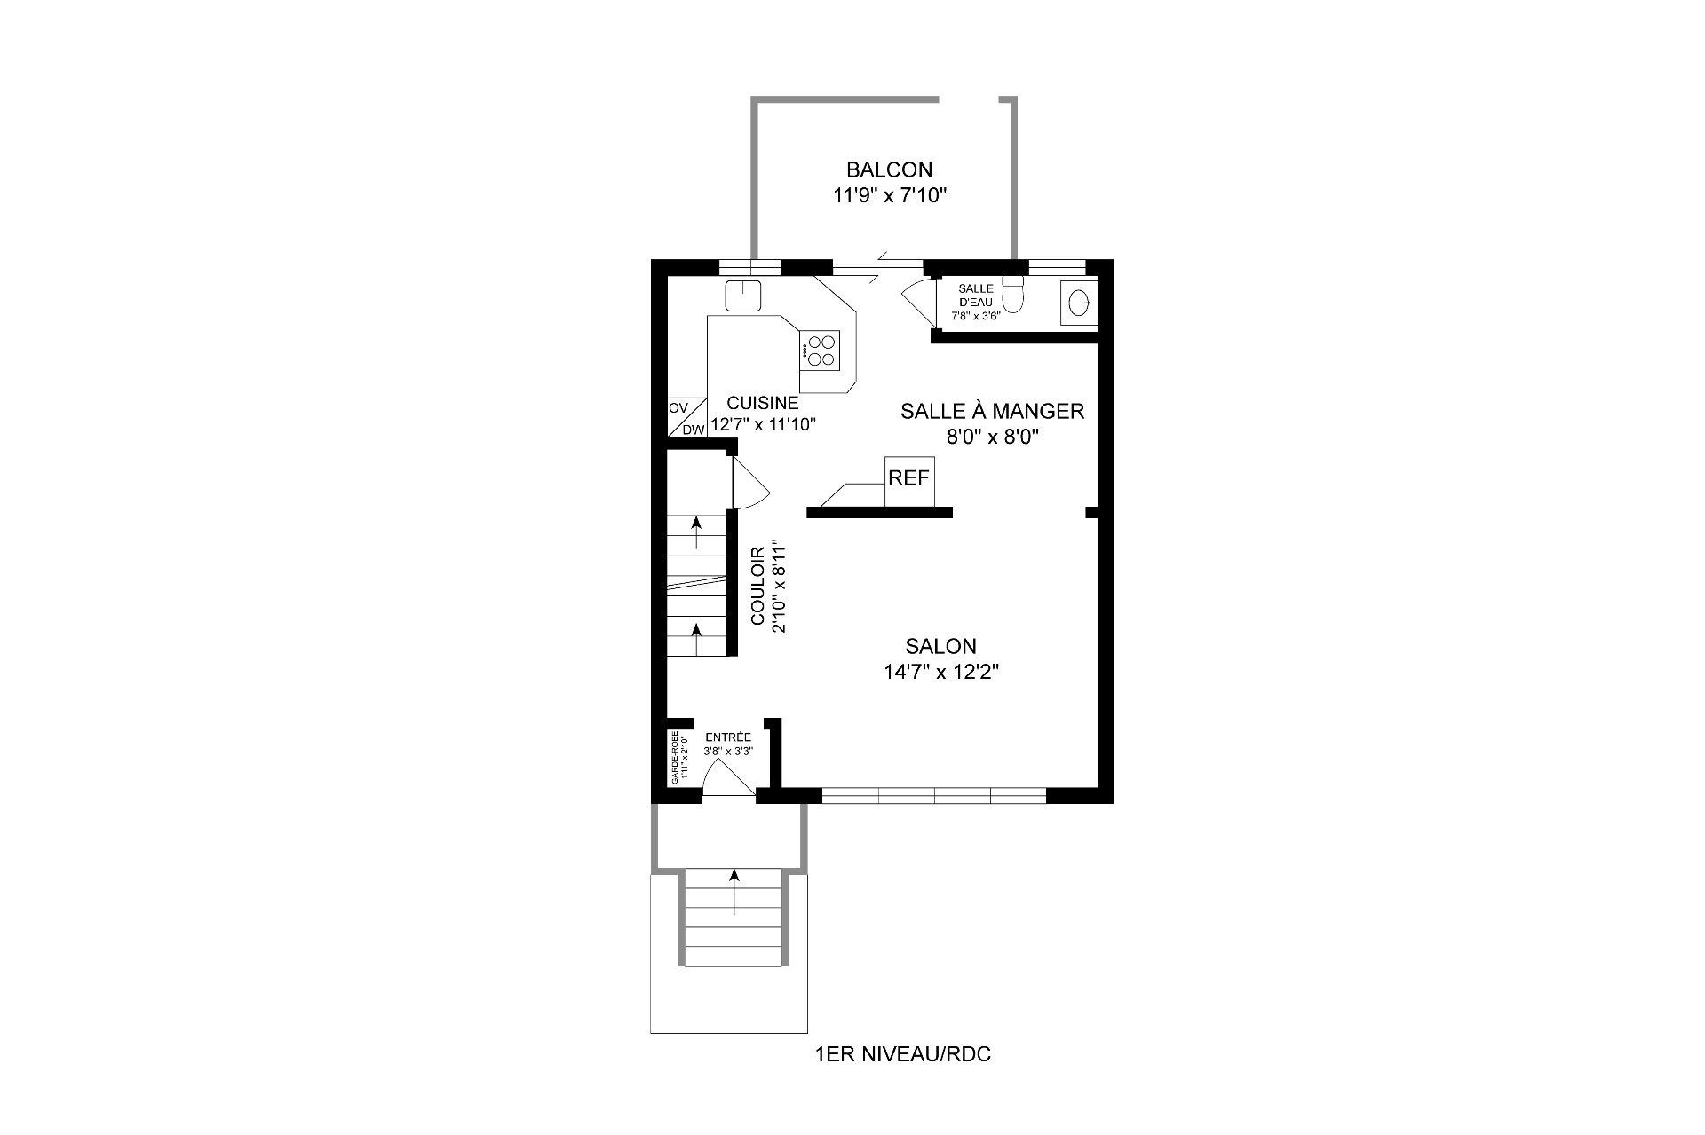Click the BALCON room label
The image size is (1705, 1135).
(x=889, y=169)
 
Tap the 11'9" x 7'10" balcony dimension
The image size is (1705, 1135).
(x=889, y=196)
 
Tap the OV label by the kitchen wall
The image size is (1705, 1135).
(x=678, y=408)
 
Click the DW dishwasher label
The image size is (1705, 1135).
(x=694, y=430)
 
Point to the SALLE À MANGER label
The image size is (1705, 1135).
(x=992, y=411)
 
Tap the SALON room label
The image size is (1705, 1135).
(x=940, y=646)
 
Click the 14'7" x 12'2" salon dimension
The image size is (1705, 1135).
(x=940, y=673)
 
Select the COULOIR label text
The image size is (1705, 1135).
(x=758, y=585)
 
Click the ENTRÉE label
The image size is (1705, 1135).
(x=727, y=737)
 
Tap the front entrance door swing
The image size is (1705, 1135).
(x=726, y=779)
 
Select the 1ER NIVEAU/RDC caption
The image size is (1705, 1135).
(x=901, y=1055)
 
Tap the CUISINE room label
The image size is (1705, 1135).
(x=762, y=403)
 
